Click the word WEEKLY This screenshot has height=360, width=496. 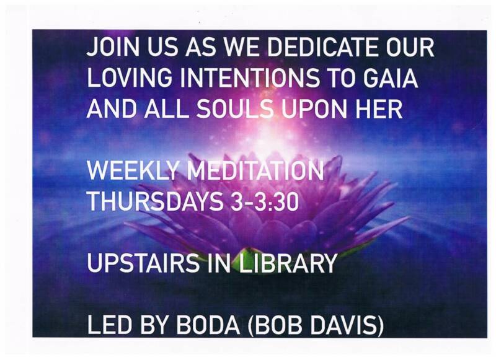[133, 170]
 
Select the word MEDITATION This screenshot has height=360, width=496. [255, 170]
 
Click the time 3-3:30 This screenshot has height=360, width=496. [265, 201]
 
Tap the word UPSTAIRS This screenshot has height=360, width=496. [143, 263]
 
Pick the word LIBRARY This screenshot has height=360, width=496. [287, 263]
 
